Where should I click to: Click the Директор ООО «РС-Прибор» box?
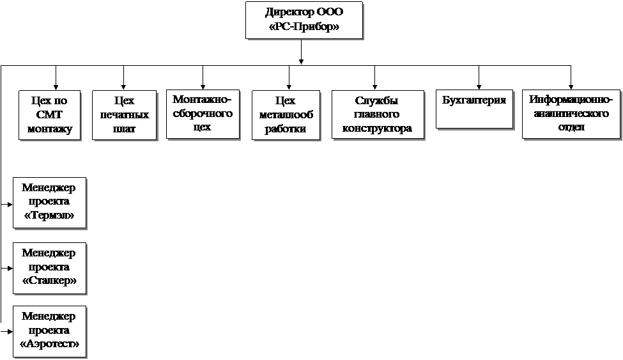coord(304,20)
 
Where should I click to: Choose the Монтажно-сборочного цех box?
coord(201,114)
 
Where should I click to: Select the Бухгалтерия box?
coord(474,110)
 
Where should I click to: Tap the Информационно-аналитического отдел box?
coord(571,114)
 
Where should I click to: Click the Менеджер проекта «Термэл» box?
coord(49,202)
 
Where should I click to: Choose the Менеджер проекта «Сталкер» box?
coord(49,267)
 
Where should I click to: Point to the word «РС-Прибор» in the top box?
coord(304,27)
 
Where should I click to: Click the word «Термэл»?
coord(49,215)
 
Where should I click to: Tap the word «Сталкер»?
coord(49,281)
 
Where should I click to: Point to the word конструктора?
coord(377,129)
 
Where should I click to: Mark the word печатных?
coord(124,115)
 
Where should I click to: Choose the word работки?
coord(285,129)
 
